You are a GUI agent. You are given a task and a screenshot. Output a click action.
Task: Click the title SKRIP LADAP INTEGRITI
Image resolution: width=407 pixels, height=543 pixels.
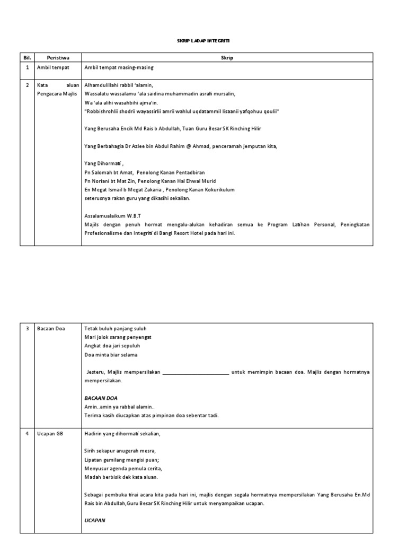[x=203, y=41]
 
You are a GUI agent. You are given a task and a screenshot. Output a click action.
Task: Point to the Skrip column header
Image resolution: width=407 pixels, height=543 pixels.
[x=227, y=57]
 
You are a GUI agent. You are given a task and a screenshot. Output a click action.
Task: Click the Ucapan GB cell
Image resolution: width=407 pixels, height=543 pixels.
[x=50, y=433]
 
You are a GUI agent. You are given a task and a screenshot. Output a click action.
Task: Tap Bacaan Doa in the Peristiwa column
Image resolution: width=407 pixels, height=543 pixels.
[x=51, y=329]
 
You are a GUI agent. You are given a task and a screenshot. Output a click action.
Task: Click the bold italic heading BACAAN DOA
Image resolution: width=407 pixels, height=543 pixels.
[x=101, y=398]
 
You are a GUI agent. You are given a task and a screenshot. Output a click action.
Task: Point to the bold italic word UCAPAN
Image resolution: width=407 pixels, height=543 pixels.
[x=95, y=520]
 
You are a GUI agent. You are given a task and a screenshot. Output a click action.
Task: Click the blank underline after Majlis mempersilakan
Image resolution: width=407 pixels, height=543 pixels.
[x=196, y=372]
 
